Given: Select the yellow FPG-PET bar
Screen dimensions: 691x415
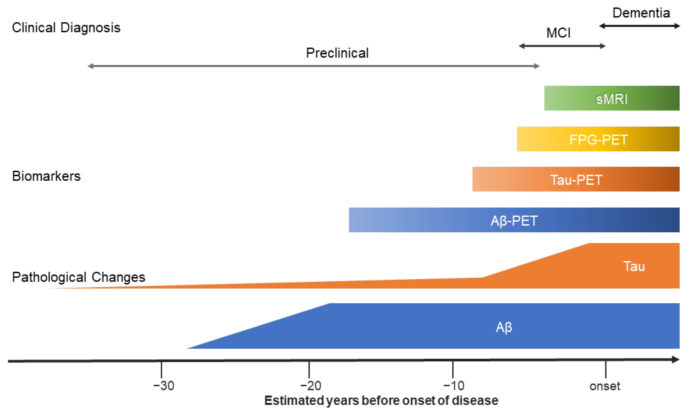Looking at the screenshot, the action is [x=598, y=139].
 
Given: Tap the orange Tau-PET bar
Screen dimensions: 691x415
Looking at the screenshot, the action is [x=576, y=179].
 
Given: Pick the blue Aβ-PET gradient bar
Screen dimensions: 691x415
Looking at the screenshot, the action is [x=514, y=220].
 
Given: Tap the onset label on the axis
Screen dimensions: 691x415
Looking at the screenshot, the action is [x=605, y=386].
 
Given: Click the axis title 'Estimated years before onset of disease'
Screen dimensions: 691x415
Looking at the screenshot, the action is [x=381, y=401].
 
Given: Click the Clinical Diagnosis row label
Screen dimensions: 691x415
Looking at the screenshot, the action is [x=66, y=28].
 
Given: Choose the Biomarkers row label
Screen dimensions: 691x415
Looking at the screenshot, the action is [x=46, y=176].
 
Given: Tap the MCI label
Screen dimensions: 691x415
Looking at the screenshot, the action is [x=558, y=33].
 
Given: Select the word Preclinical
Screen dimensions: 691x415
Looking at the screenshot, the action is [x=337, y=53].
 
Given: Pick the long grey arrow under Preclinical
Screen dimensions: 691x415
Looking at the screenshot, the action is [x=313, y=66].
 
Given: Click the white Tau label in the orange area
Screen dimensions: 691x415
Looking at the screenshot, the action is [x=634, y=266].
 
